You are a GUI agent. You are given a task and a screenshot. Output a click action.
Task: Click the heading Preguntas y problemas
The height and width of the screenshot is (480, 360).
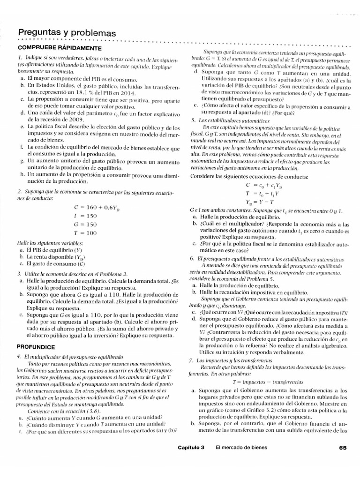tap(67, 33)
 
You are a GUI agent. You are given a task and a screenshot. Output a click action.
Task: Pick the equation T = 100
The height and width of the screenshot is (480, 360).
tap(85, 232)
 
